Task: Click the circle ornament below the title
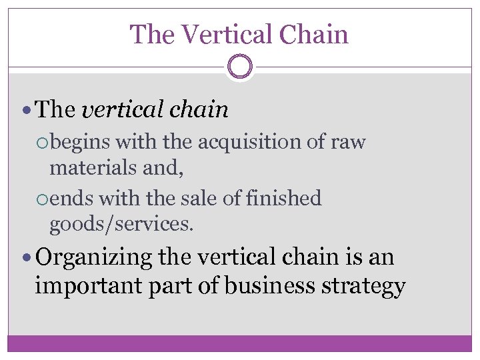(x=240, y=67)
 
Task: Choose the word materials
(x=94, y=168)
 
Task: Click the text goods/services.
(x=122, y=225)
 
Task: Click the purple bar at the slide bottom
(x=240, y=343)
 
